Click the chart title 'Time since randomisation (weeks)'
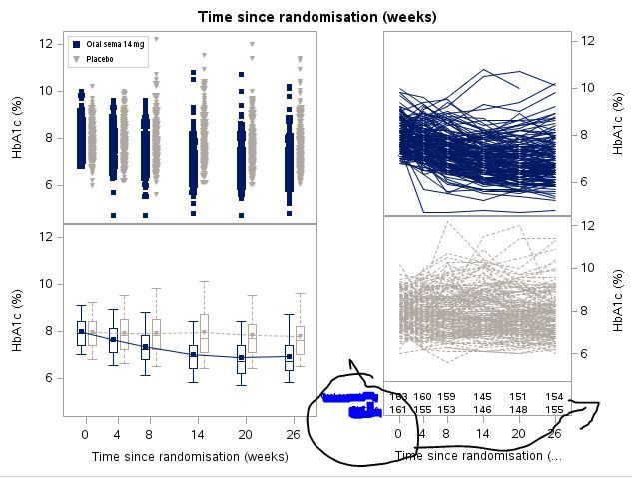coord(316,17)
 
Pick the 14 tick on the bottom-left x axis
coord(193,435)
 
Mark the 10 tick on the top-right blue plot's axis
coord(589,87)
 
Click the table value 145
coord(483,397)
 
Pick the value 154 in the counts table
coord(555,397)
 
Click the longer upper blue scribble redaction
coord(349,398)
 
